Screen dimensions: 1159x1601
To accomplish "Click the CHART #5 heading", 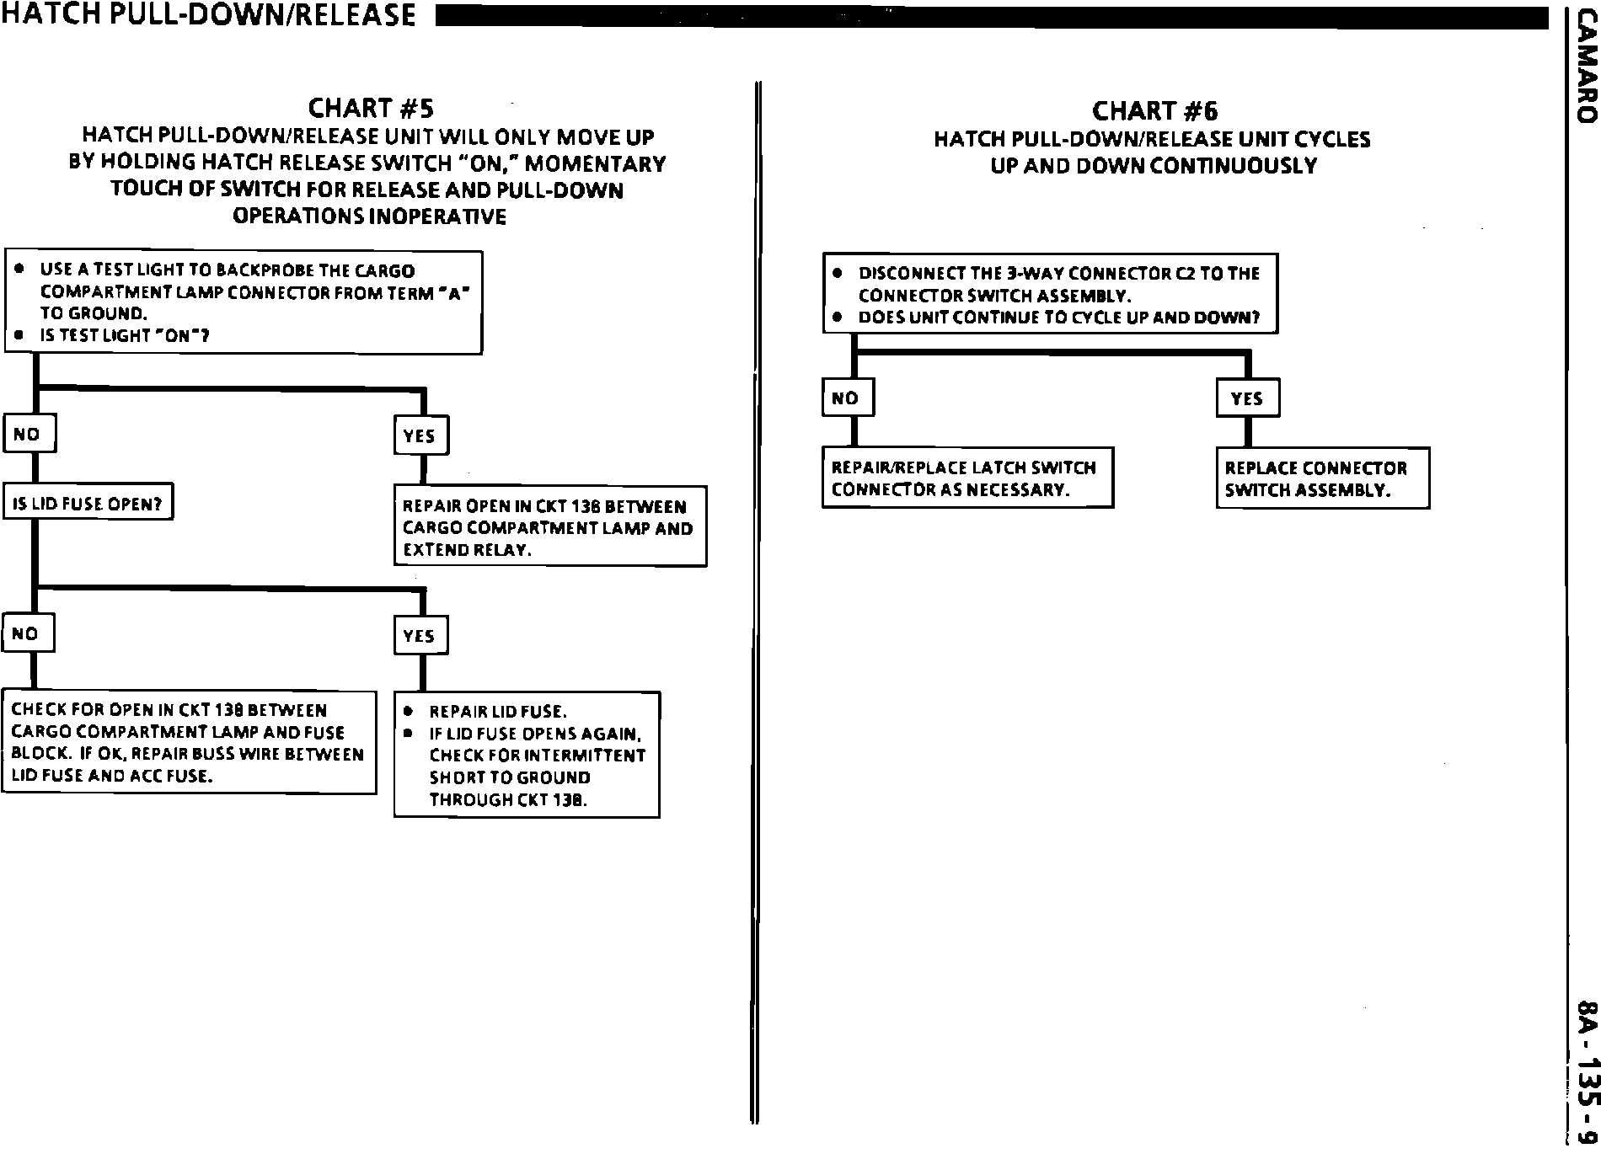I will click(x=371, y=108).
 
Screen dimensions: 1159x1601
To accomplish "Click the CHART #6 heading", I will click(x=1154, y=111).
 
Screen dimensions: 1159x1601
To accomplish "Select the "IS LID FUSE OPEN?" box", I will click(x=88, y=504).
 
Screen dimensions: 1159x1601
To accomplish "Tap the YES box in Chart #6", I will click(x=1247, y=398).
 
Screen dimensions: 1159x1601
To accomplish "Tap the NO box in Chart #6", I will click(x=847, y=398).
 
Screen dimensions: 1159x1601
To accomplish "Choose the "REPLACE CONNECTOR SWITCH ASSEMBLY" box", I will click(x=1322, y=478).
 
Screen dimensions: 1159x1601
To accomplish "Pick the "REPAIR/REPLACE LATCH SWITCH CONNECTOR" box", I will click(x=967, y=478).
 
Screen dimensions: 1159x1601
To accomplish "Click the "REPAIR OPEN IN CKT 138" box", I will click(x=549, y=527).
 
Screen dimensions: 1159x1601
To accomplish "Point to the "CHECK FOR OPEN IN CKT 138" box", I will click(x=189, y=742).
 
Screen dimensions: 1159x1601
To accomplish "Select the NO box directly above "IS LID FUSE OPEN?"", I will click(x=29, y=434).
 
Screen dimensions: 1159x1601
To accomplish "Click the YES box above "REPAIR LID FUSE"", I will click(x=420, y=635).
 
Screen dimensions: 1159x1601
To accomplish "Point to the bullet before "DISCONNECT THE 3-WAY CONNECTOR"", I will click(x=837, y=273).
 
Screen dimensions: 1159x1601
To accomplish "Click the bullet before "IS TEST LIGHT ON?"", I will click(x=19, y=334).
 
